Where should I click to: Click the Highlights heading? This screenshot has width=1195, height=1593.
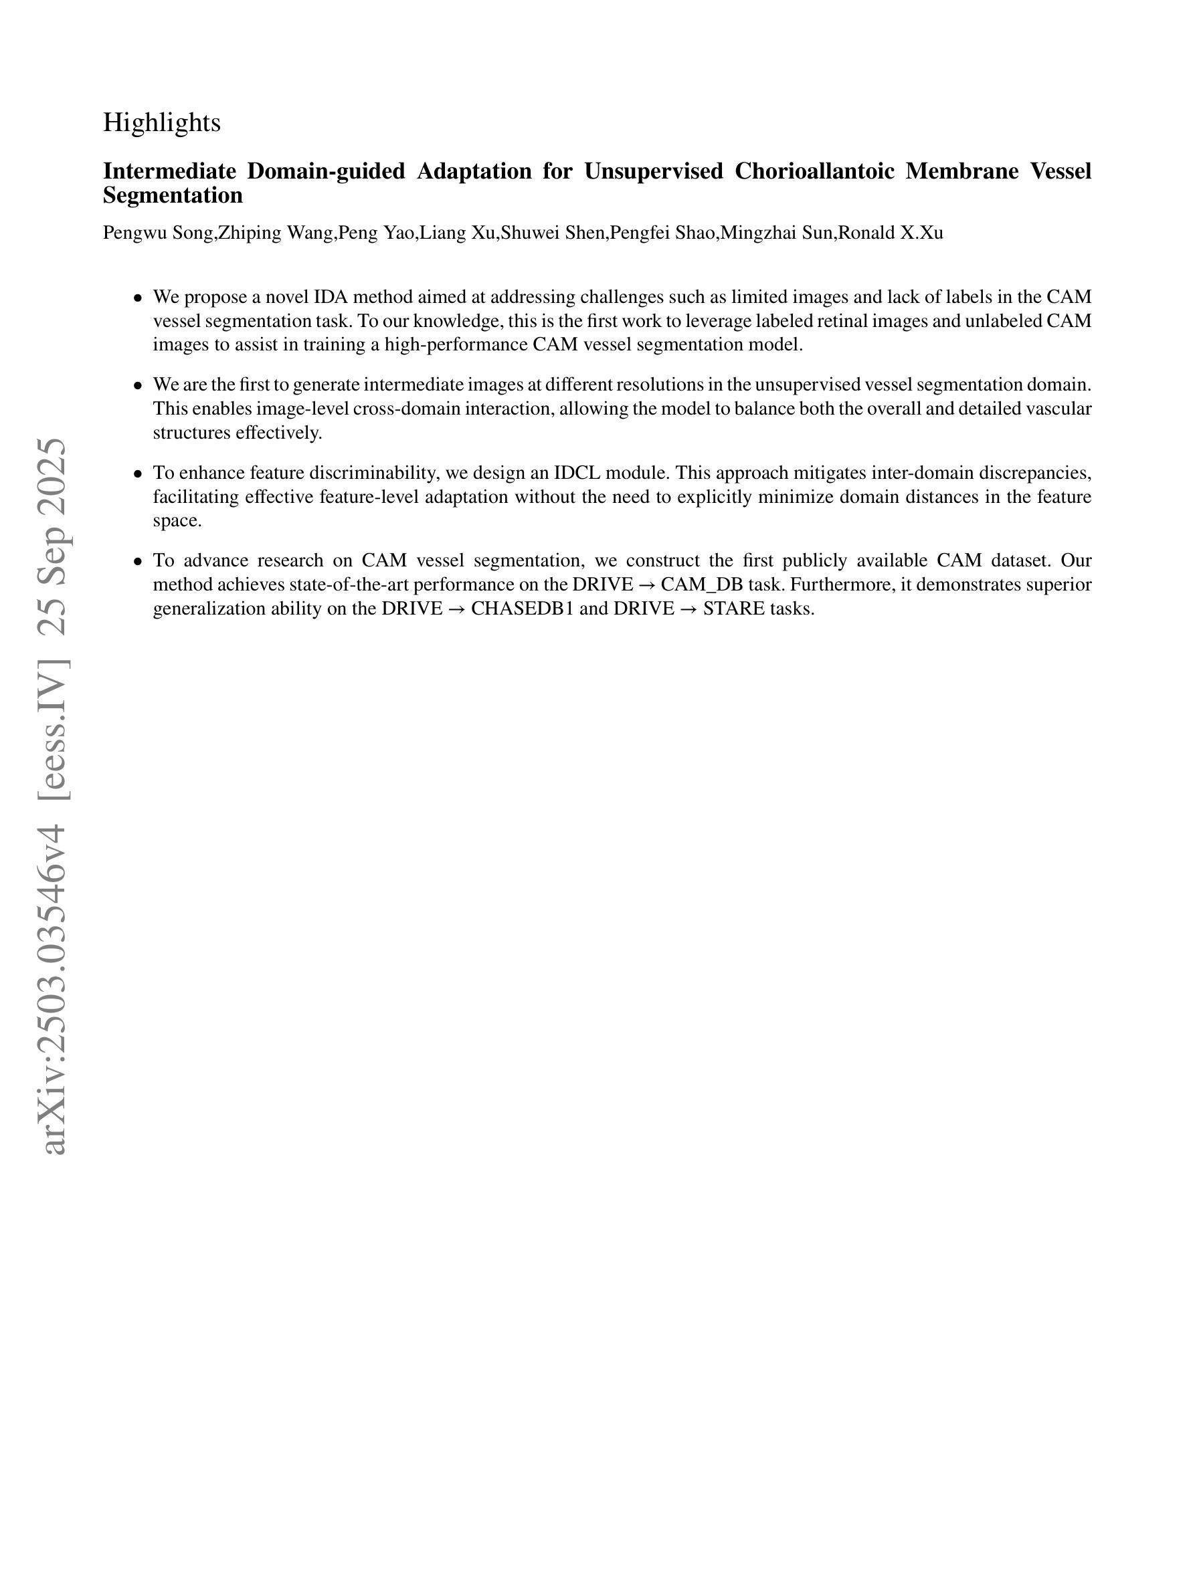(161, 122)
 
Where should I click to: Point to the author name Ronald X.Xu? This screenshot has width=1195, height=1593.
(891, 233)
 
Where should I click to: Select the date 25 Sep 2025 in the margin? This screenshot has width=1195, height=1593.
(55, 536)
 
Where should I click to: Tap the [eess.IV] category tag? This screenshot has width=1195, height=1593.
(55, 728)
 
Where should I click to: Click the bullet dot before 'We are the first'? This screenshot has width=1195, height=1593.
(138, 386)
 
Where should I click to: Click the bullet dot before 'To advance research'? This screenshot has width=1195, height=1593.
(138, 562)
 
